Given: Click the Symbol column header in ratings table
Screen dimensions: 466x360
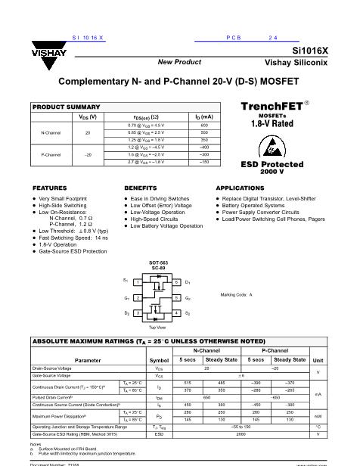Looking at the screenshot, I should click(x=159, y=360).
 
